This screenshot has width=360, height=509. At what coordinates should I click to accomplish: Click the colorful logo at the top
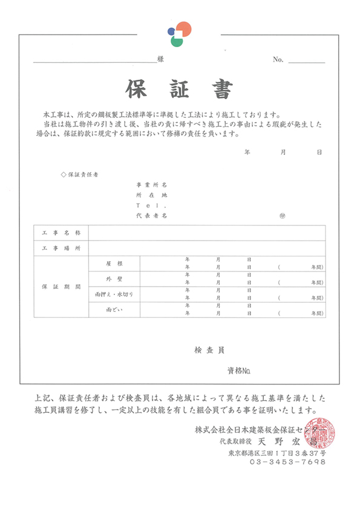coord(179,33)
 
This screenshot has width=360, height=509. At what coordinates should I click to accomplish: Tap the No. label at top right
coord(278,59)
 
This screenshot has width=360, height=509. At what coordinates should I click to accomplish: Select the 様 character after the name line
coord(160,59)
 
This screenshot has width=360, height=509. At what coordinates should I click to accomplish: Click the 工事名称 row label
coord(61,233)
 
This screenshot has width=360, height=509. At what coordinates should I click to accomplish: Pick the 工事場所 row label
coord(61,248)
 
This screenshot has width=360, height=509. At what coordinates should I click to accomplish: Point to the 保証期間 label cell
coord(61,287)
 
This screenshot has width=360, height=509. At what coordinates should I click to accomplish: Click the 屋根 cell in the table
coord(114,264)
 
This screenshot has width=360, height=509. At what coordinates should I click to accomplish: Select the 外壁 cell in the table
coord(114,279)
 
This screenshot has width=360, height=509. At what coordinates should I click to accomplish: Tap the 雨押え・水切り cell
coord(114,294)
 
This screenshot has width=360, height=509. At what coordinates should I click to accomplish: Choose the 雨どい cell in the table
coord(114,310)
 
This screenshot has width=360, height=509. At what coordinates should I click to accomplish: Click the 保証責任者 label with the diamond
coord(80,174)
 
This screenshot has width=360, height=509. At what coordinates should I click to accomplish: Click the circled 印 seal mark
coord(282,215)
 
